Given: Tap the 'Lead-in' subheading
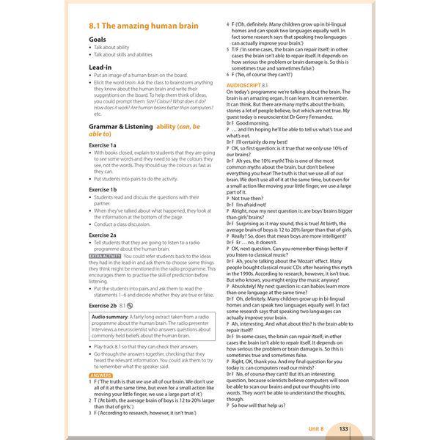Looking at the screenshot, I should tap(100, 67).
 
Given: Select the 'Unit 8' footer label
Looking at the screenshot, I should tap(316, 428).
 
